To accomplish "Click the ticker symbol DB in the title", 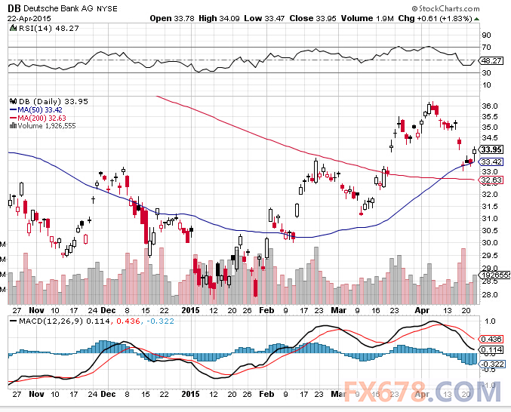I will pyautogui.click(x=14, y=8).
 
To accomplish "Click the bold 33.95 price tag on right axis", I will pyautogui.click(x=491, y=149).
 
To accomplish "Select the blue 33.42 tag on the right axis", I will pyautogui.click(x=491, y=161).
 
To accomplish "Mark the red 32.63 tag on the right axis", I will pyautogui.click(x=491, y=180).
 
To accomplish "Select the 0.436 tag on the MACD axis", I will pyautogui.click(x=491, y=339).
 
